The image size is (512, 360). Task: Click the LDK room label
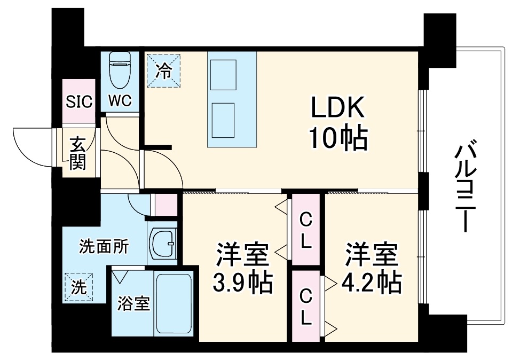pos(338,109)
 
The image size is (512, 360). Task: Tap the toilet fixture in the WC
pos(120,69)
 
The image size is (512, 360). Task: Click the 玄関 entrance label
pos(77,153)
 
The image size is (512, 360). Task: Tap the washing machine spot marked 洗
pos(78,287)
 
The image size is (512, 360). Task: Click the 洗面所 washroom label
pos(104,246)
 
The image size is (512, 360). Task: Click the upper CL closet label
pos(305,230)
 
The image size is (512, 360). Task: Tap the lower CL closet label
pos(305,307)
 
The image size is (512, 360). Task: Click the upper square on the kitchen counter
pos(223,75)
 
